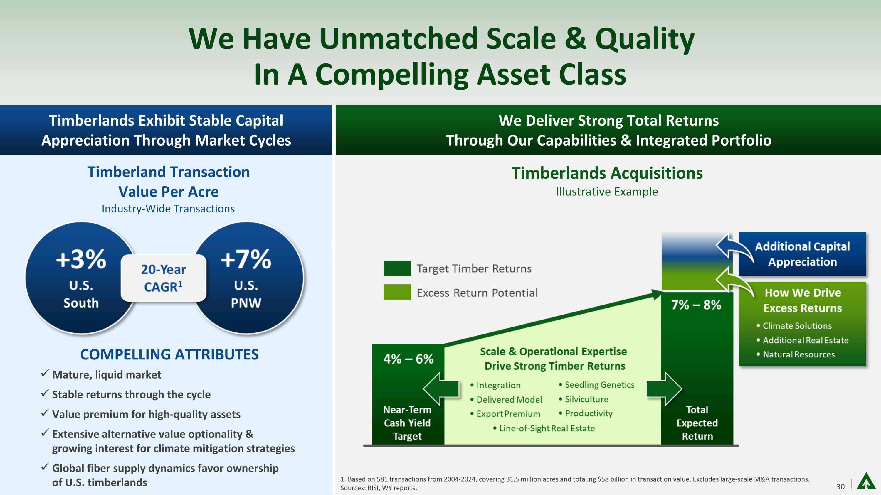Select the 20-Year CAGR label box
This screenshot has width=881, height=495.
164,278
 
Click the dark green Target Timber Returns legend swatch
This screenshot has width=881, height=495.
397,268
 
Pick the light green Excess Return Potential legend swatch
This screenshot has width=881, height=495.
397,293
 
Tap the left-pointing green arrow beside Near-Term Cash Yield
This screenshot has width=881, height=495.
441,389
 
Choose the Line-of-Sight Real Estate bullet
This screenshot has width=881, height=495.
544,428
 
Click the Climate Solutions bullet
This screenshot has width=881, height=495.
794,326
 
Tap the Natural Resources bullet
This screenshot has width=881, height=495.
796,354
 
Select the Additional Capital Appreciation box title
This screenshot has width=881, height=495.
802,254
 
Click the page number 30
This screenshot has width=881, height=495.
840,486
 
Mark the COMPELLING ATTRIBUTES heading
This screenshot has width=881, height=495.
169,354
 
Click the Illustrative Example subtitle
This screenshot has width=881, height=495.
607,192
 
